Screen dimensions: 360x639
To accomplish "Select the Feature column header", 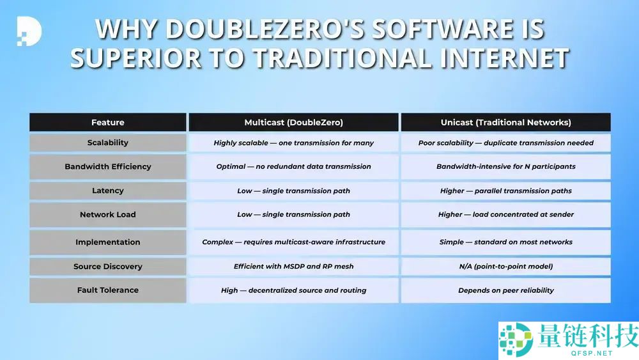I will [107, 122].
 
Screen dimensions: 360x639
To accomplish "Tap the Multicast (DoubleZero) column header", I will [293, 122].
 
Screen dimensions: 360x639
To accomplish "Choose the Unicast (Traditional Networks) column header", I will [505, 122].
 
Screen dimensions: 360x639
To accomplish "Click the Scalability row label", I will [107, 143].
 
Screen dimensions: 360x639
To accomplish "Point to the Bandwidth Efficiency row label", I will [107, 166].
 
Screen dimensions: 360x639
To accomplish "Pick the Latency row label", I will [107, 191].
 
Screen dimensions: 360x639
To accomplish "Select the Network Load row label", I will [107, 215].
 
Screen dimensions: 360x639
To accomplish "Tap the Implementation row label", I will [107, 242].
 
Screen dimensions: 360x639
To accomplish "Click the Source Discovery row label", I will [107, 267].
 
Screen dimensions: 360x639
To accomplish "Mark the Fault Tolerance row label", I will [107, 290].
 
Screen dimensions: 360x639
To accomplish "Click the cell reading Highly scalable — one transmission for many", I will [293, 143].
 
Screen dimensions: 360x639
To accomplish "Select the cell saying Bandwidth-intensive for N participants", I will [505, 166].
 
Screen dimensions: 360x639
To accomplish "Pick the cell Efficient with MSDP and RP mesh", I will [293, 267].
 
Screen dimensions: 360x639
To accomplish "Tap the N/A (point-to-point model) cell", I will [505, 267].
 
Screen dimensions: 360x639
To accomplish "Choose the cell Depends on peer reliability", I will [505, 290].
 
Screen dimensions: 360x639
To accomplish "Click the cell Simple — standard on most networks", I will [505, 242].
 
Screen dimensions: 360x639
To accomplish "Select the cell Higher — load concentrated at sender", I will [505, 215].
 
